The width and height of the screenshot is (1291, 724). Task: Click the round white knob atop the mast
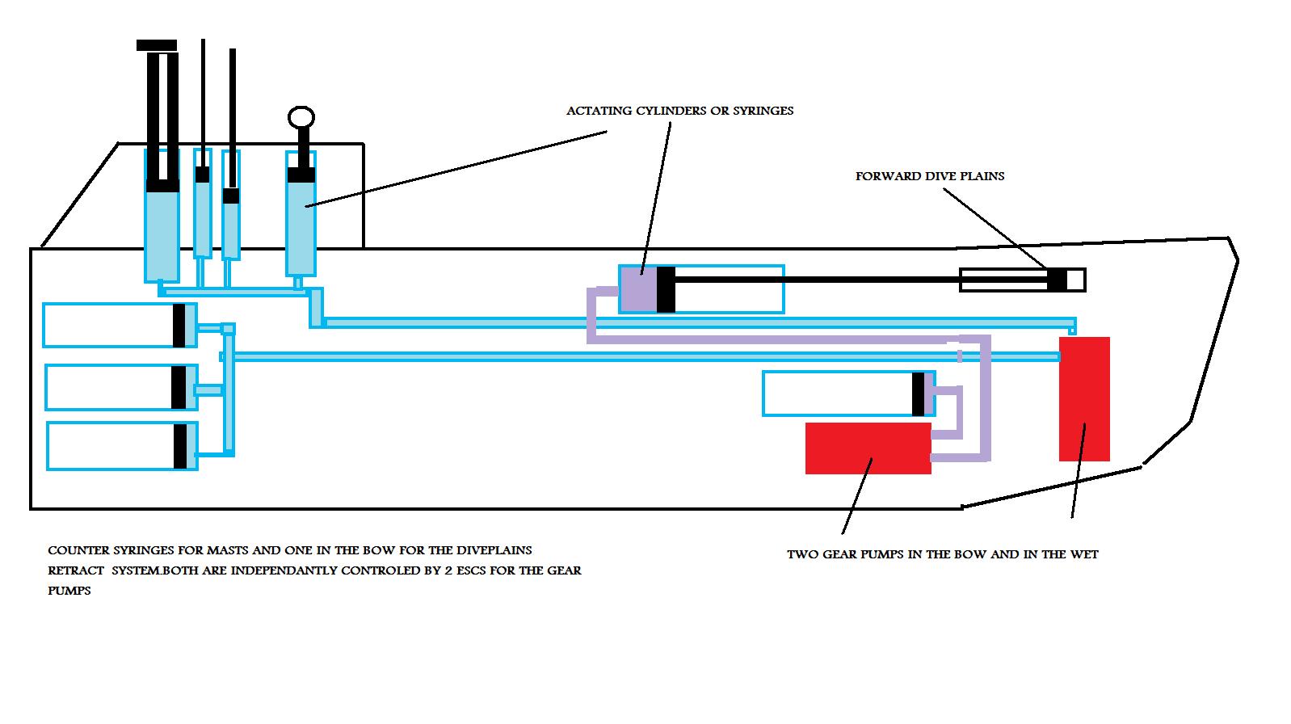[x=301, y=117]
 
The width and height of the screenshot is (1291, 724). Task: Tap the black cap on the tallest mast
[x=157, y=45]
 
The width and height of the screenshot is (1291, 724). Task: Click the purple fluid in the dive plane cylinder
[x=638, y=289]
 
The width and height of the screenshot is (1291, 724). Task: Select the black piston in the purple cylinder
[x=666, y=289]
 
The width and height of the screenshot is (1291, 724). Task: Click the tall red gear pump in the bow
[x=1084, y=399]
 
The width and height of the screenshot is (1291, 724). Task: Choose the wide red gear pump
[x=868, y=448]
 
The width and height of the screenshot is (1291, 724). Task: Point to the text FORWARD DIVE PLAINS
[x=930, y=176]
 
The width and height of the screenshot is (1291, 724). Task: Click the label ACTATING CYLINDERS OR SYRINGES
[x=679, y=111]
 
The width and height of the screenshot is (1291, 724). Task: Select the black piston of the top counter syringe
[x=179, y=326]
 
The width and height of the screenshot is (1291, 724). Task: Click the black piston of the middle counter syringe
[x=179, y=387]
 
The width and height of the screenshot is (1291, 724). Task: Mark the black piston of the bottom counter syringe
[x=180, y=447]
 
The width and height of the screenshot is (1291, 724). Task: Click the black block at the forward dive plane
[x=1057, y=280]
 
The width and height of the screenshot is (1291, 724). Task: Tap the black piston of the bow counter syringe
[x=918, y=394]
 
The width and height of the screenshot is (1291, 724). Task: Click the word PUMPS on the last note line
[x=69, y=591]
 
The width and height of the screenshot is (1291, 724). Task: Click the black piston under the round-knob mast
[x=301, y=175]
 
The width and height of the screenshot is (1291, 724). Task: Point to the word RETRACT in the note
[x=76, y=570]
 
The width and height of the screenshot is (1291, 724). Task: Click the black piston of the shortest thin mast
[x=231, y=196]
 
